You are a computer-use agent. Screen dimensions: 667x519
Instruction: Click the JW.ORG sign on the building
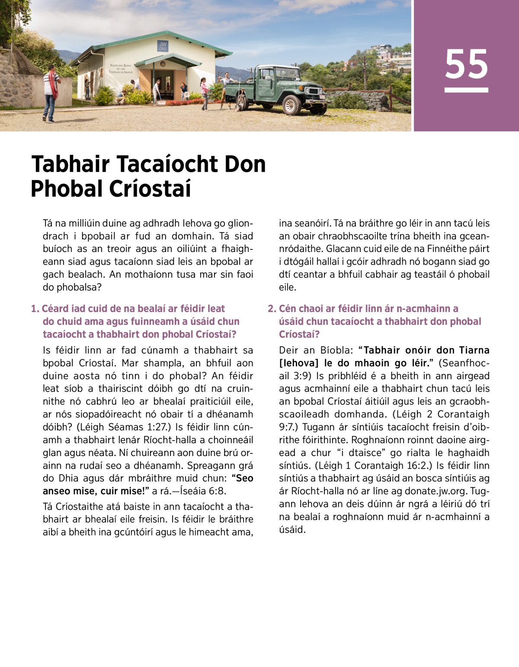pyautogui.click(x=163, y=46)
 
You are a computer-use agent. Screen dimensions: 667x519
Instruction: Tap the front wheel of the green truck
pyautogui.click(x=292, y=105)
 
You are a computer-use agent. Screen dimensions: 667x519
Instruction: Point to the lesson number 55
pyautogui.click(x=466, y=65)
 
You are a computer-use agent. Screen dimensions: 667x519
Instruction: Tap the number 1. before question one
pyautogui.click(x=35, y=309)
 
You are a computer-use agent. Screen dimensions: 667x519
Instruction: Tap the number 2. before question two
pyautogui.click(x=272, y=309)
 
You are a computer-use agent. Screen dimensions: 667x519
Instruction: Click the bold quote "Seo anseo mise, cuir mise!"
pyautogui.click(x=147, y=485)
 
